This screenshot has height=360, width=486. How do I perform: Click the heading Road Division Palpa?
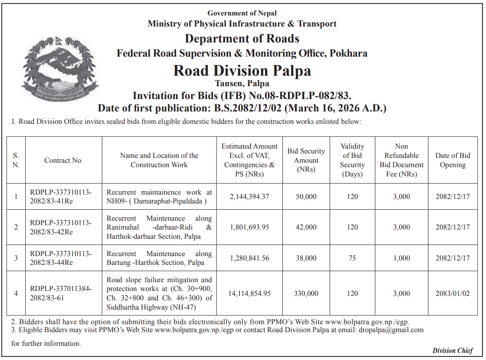point(242,71)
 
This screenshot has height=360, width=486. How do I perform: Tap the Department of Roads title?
point(242,38)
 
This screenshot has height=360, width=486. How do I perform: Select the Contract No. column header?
point(63,161)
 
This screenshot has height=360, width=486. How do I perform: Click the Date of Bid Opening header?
point(452,160)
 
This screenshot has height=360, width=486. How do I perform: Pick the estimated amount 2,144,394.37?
point(250,196)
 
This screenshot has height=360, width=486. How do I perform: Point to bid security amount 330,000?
point(306,293)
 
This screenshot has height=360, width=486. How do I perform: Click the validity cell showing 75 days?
point(352,258)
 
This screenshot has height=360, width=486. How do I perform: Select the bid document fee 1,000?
point(401,258)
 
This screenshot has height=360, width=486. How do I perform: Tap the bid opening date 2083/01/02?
point(452,293)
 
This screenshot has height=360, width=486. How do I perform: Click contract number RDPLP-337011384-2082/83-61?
point(61,293)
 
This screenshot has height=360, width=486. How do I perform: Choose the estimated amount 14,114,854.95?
point(250,293)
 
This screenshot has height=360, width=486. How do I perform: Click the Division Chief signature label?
point(452,351)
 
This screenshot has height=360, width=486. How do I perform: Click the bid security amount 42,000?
point(306,227)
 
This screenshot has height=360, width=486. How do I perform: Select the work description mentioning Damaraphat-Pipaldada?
point(159,196)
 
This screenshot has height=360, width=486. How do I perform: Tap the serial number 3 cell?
point(16,258)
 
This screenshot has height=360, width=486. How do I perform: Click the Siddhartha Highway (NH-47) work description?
point(159,293)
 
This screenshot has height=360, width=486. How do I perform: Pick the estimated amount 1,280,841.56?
point(250,258)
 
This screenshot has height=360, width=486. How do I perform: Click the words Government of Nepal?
point(242,13)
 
